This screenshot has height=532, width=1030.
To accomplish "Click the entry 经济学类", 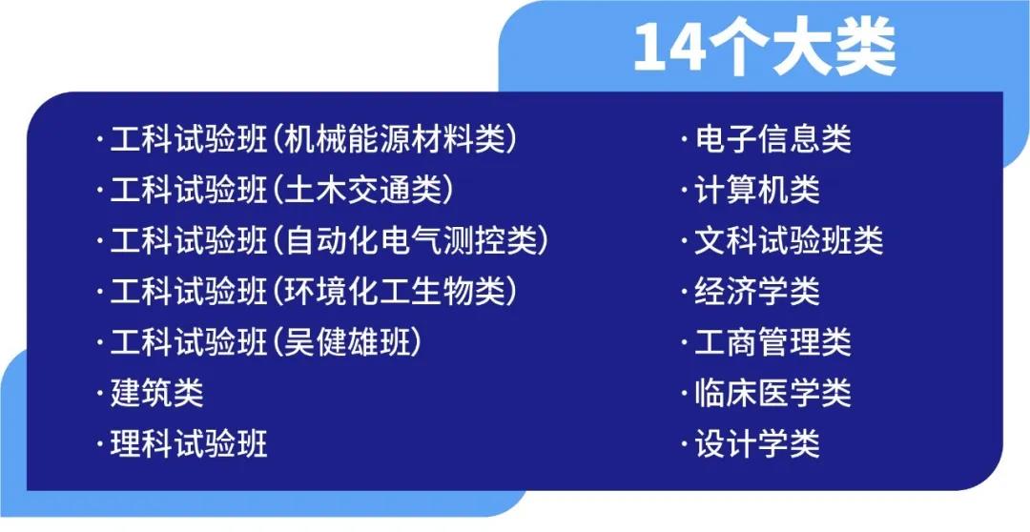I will pyautogui.click(x=755, y=292).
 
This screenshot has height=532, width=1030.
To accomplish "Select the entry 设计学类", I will pyautogui.click(x=755, y=443).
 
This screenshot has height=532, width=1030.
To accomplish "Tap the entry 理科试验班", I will pyautogui.click(x=188, y=443).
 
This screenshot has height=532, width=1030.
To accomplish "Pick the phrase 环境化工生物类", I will pyautogui.click(x=395, y=292).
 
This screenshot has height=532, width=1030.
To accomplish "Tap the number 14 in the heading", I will pyautogui.click(x=666, y=47).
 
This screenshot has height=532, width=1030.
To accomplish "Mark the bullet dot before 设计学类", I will pyautogui.click(x=684, y=443).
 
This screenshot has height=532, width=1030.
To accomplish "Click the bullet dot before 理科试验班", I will pyautogui.click(x=99, y=443).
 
